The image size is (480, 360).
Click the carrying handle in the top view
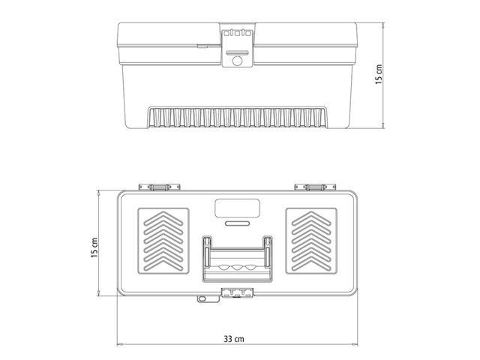236,259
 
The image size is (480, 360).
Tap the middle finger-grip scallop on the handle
236,268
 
